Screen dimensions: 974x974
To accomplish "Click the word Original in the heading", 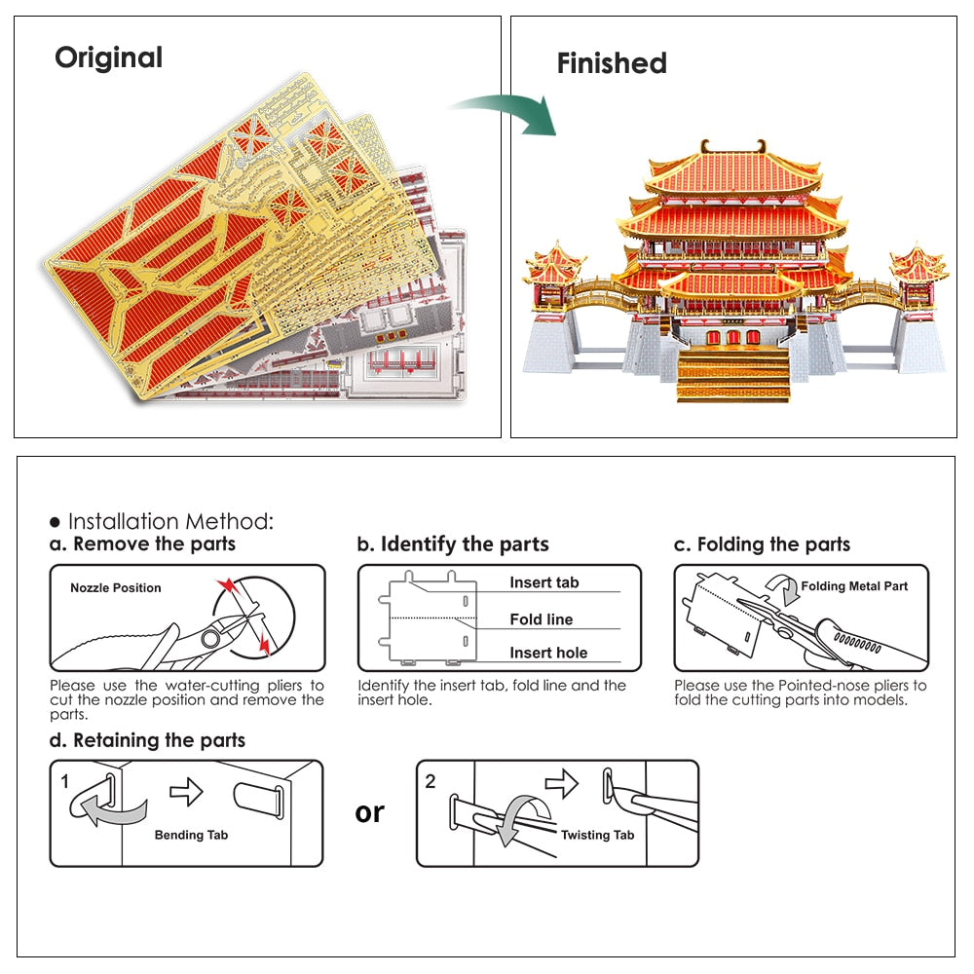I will [x=108, y=57].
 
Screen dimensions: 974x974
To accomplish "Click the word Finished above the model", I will [x=612, y=64].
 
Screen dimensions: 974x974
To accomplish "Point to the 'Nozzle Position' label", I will [x=116, y=588].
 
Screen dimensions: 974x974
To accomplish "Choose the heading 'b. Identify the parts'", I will [x=453, y=543].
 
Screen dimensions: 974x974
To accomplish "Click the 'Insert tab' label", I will [x=543, y=582].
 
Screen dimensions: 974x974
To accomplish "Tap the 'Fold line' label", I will [x=542, y=619].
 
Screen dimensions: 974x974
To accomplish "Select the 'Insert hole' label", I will [x=548, y=654].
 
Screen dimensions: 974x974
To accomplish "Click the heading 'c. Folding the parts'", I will [x=762, y=543].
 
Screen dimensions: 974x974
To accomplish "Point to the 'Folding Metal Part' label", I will [x=854, y=586].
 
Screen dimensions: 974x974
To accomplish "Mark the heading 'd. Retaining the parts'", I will [x=148, y=740].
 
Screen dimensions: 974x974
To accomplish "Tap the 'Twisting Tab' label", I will [x=597, y=835].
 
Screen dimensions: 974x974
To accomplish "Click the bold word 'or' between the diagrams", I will [x=370, y=812].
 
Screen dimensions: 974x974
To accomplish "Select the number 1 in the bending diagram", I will [x=65, y=781].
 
